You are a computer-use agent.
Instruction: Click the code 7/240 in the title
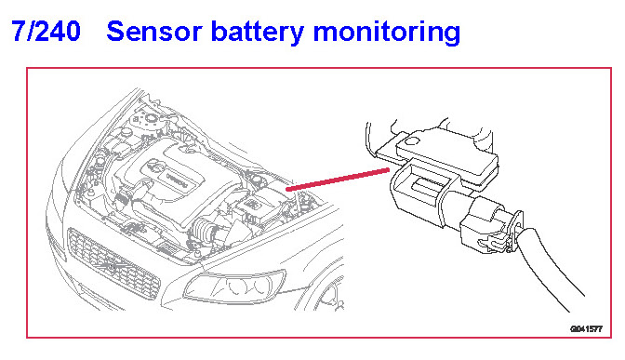(46, 31)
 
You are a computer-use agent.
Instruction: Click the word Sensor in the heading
(154, 32)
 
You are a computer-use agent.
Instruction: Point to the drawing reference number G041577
(586, 329)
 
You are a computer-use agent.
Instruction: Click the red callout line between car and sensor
(338, 179)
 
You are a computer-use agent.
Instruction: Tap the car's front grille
(113, 264)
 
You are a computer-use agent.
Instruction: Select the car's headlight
(234, 287)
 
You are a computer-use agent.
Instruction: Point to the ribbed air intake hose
(205, 232)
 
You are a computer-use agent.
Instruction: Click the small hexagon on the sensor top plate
(412, 140)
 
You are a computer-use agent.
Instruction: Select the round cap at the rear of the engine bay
(151, 117)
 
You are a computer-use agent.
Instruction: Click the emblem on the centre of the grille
(113, 267)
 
